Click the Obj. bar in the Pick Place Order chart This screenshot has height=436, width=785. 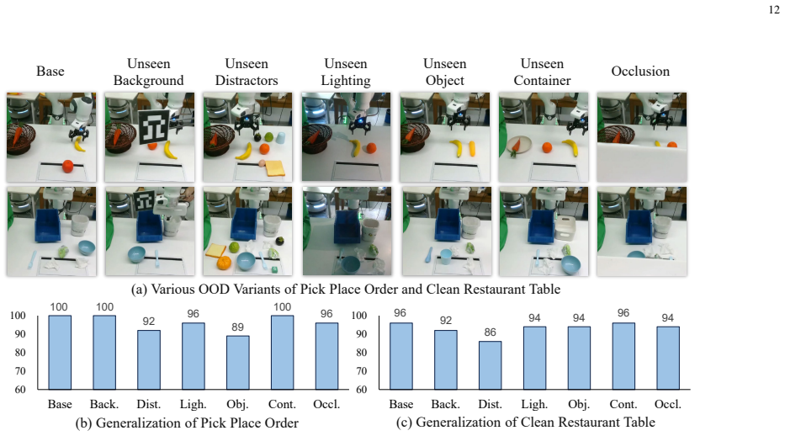[238, 363]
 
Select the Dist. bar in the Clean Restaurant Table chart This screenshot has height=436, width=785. [491, 365]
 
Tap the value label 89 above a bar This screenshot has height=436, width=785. [238, 327]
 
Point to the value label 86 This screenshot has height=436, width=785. [491, 332]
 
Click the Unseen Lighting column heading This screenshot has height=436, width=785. [346, 72]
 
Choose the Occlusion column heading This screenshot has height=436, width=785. [640, 71]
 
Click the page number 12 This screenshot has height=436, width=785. [774, 9]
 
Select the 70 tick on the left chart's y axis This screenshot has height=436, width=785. [19, 371]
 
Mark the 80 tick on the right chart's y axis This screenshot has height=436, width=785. [362, 353]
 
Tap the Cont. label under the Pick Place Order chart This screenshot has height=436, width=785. [283, 404]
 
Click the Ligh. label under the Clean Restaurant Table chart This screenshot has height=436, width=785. [534, 404]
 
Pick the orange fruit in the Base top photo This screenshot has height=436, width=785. [67, 166]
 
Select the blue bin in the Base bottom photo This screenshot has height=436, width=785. [48, 225]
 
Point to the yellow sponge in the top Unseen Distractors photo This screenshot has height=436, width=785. [275, 168]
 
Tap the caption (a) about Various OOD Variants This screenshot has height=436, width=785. [346, 290]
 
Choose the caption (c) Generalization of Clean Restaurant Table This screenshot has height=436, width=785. [525, 423]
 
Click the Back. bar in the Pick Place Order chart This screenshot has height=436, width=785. [104, 353]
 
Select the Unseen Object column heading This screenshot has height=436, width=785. [444, 72]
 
